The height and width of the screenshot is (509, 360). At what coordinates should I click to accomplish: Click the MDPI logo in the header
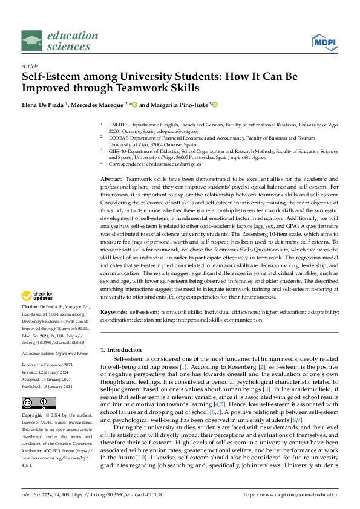tap(324, 41)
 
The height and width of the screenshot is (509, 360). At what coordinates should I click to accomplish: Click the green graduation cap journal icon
tap(32, 41)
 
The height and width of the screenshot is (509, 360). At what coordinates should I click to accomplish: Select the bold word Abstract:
tap(111, 180)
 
